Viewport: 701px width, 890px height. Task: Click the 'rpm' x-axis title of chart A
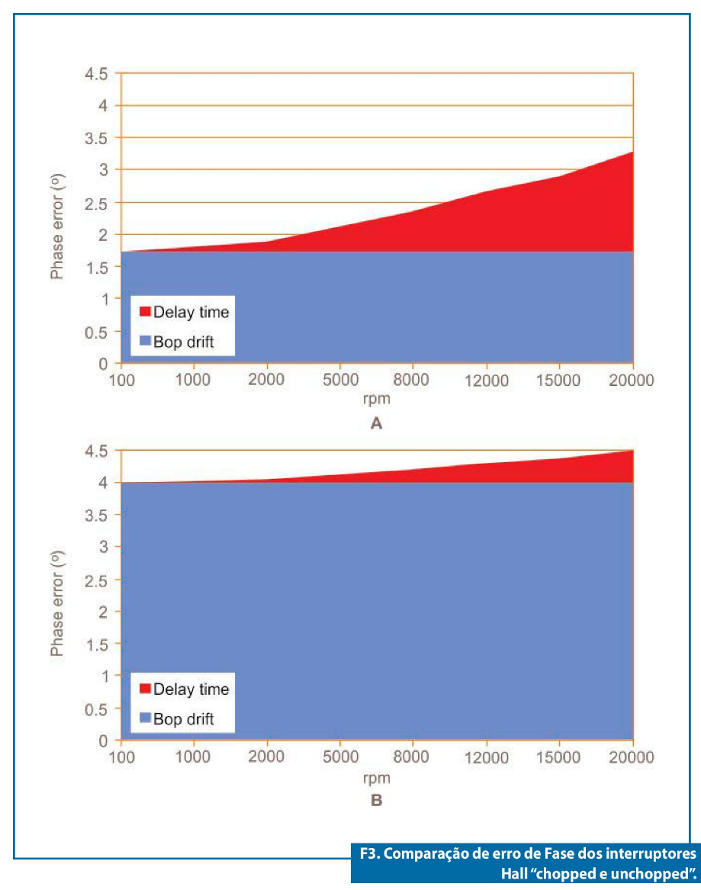[x=376, y=397]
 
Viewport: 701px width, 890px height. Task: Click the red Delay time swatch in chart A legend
[x=144, y=312]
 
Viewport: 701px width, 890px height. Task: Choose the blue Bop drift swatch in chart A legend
[x=144, y=342]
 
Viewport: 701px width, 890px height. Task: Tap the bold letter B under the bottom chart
[x=375, y=801]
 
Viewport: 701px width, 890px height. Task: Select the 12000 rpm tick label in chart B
[x=485, y=757]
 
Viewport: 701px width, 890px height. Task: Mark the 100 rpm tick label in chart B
[x=121, y=757]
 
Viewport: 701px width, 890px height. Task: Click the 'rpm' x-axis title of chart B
[x=376, y=778]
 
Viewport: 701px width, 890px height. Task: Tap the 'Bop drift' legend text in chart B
[x=184, y=719]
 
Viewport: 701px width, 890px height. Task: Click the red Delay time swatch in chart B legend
[x=144, y=689]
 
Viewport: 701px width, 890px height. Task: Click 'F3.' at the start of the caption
[x=371, y=853]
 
